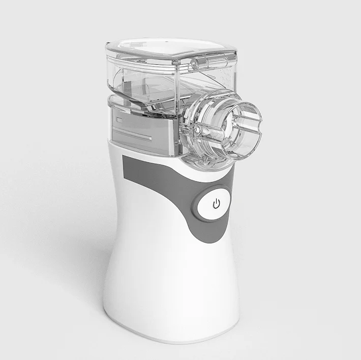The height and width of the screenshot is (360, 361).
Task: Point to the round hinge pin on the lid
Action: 194,64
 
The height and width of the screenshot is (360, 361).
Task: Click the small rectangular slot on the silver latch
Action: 119,120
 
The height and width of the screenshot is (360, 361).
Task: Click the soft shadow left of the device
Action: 76,264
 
